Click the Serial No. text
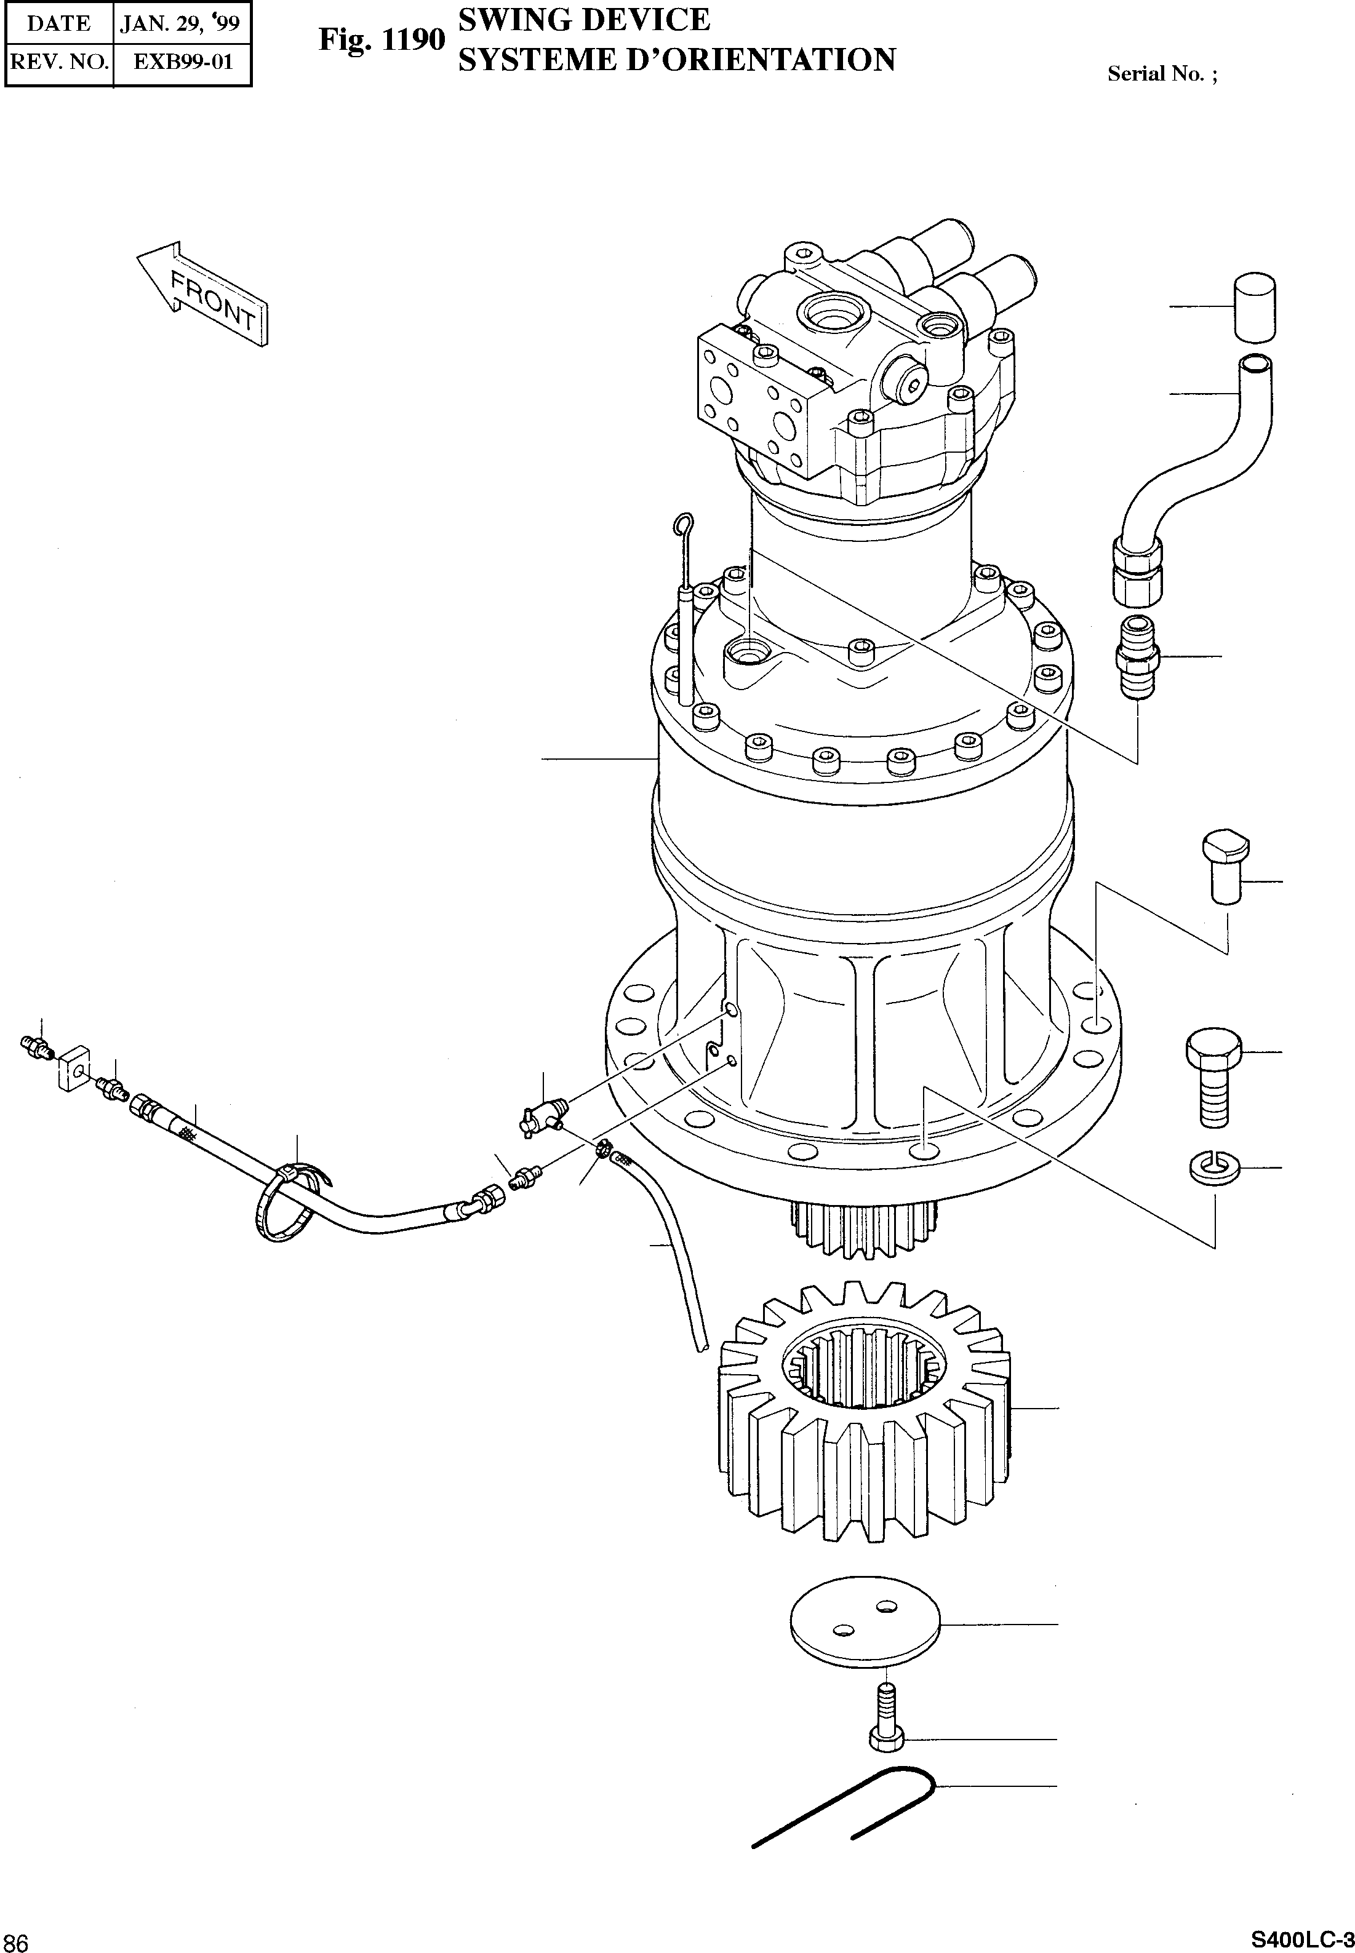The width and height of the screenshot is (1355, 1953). (1161, 74)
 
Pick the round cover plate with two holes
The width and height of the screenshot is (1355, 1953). (865, 1624)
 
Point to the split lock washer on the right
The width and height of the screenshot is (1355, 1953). (1215, 1168)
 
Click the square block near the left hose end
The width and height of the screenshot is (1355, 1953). (74, 1067)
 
